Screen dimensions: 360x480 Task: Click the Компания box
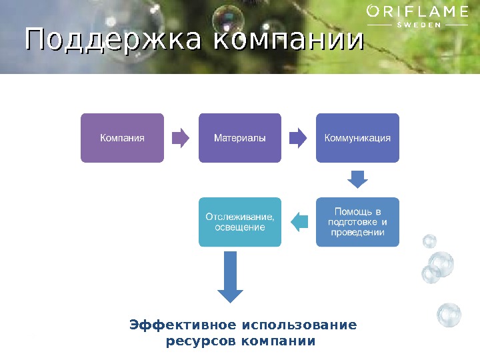[122, 138]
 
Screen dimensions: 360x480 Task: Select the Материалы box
[239, 138]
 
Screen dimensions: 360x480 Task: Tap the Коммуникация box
[357, 138]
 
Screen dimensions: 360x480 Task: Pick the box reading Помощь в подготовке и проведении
[357, 222]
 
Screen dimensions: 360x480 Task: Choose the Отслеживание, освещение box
[239, 222]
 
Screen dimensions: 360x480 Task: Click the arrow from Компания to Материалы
[181, 138]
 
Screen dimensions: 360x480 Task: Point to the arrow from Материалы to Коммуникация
[298, 138]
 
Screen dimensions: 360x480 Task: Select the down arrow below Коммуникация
[358, 179]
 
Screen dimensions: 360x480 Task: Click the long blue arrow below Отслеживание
[231, 277]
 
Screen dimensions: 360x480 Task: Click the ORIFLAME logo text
[418, 11]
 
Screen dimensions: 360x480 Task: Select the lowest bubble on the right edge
[449, 315]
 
